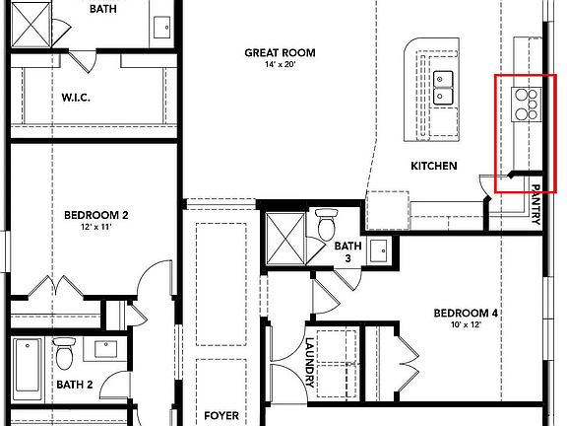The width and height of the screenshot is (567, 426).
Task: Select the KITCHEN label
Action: click(x=433, y=166)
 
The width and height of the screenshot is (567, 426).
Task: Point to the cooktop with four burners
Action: click(x=527, y=104)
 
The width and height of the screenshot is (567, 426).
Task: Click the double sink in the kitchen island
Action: click(x=445, y=88)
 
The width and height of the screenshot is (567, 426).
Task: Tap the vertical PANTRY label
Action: click(x=536, y=205)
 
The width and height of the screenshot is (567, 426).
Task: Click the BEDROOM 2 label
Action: click(x=96, y=215)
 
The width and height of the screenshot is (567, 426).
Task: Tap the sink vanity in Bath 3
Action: click(x=379, y=252)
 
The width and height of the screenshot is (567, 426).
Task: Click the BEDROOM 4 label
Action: click(x=467, y=314)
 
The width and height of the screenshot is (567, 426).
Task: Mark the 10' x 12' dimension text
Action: click(x=467, y=326)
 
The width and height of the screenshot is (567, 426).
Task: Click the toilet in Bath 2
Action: click(x=64, y=351)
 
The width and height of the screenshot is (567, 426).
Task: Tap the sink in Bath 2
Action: click(x=103, y=347)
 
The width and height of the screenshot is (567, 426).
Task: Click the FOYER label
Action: click(x=221, y=416)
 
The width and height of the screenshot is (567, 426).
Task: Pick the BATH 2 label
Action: click(x=74, y=385)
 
